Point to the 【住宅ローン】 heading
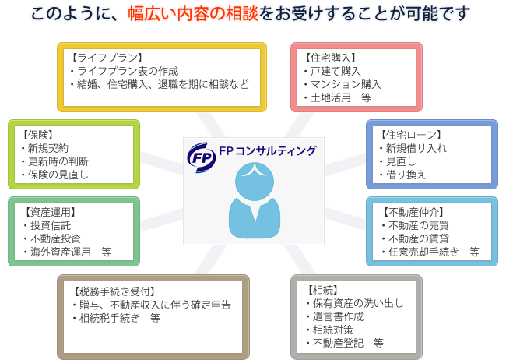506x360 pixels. point(411,134)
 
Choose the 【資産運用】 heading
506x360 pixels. point(51,212)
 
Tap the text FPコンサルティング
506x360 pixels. point(268,150)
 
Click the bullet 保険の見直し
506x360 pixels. point(58,175)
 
